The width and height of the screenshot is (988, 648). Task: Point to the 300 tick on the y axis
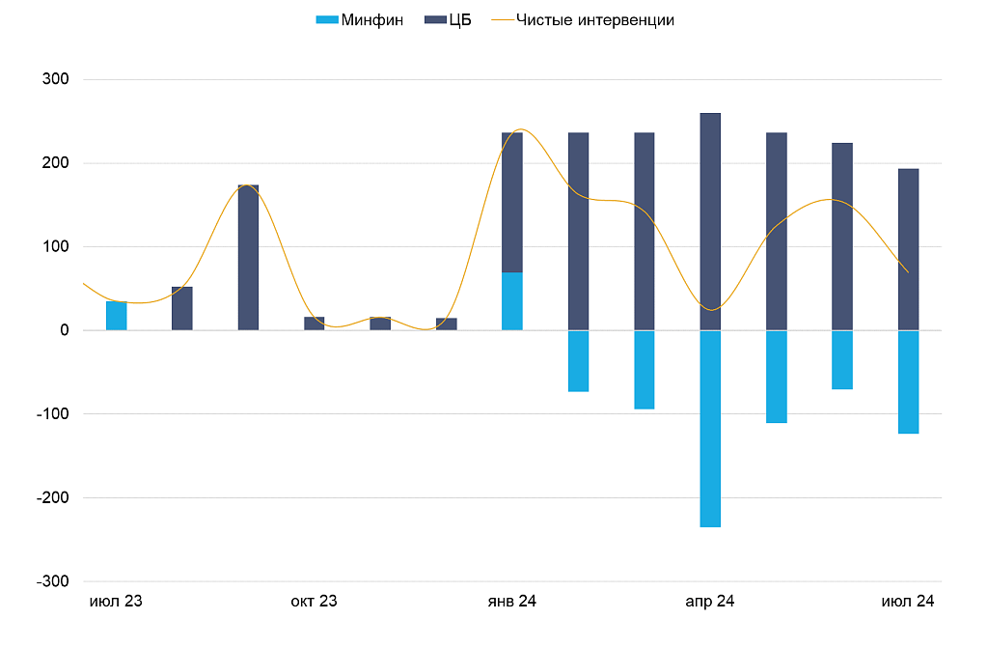tap(55, 79)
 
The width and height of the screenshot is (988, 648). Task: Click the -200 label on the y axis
tap(52, 497)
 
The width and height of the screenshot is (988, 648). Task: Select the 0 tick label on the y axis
tap(63, 330)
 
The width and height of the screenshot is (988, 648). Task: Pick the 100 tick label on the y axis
tap(55, 246)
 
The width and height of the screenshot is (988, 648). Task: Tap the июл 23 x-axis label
tap(116, 602)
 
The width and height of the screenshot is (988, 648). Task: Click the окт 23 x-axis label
tap(315, 602)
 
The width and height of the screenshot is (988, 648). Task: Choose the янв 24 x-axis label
tap(512, 602)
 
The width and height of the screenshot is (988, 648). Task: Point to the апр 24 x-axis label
tap(710, 602)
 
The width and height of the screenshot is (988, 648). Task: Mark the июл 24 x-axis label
tap(908, 602)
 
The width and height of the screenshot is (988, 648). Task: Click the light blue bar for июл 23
tap(116, 316)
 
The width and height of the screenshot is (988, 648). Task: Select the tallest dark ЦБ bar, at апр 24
tap(710, 222)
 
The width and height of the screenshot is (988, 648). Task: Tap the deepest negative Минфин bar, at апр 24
tap(710, 429)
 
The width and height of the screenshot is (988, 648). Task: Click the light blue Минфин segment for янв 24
tap(512, 301)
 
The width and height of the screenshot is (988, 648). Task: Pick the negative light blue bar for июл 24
tap(908, 381)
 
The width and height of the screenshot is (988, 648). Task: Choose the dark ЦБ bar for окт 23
tap(315, 324)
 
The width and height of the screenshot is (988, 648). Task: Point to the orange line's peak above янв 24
tap(521, 129)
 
